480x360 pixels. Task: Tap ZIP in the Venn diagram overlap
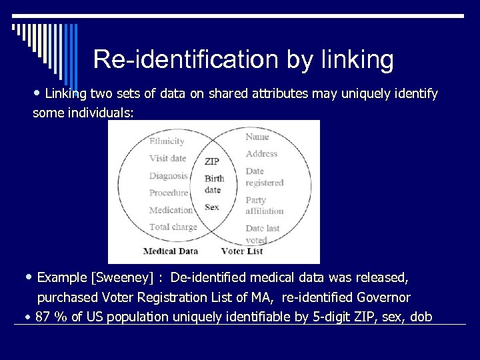point(212,161)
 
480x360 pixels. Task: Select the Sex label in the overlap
point(211,207)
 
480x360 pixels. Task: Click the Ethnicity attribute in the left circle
point(167,141)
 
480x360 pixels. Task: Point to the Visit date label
point(167,159)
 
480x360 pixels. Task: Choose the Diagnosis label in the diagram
point(168,176)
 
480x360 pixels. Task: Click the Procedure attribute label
point(169,193)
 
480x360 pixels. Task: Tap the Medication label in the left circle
point(171,210)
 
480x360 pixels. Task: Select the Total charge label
point(173,227)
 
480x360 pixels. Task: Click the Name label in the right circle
point(257,137)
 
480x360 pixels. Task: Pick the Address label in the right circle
point(261,153)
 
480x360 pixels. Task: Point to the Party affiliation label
point(264,205)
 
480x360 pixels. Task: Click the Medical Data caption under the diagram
point(170,251)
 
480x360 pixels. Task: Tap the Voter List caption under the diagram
point(241,251)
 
